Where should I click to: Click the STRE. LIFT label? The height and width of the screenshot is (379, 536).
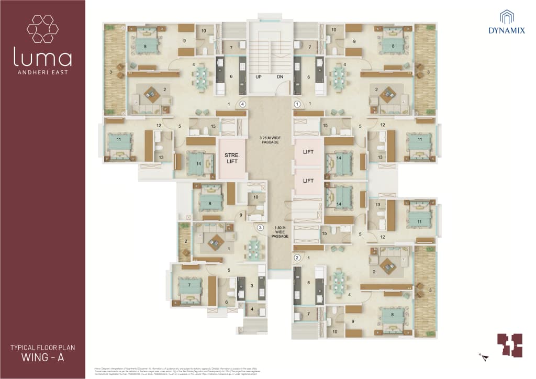tap(232, 158)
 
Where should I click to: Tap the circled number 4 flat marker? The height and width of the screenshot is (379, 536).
tap(243, 104)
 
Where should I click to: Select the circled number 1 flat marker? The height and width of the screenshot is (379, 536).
tap(297, 104)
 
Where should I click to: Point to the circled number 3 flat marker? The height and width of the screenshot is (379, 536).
tap(260, 228)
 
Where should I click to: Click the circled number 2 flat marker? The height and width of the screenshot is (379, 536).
tap(297, 257)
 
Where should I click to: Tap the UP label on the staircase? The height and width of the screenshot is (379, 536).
tap(259, 77)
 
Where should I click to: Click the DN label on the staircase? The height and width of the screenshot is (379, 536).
tap(280, 77)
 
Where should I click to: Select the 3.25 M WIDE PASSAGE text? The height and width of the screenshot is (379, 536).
tap(270, 139)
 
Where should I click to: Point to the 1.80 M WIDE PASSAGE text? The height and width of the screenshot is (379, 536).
tap(280, 232)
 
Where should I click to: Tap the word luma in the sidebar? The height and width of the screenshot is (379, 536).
tap(43, 58)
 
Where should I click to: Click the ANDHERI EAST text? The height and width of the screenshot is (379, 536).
tap(43, 72)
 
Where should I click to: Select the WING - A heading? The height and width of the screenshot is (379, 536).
tap(43, 358)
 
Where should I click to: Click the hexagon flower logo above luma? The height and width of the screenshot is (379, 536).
tap(42, 29)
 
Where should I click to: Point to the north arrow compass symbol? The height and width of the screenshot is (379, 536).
tap(484, 357)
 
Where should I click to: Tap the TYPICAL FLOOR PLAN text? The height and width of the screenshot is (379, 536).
tap(43, 347)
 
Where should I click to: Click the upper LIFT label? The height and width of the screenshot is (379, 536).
tap(308, 151)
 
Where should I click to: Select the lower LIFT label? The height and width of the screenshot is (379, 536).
tap(308, 181)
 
